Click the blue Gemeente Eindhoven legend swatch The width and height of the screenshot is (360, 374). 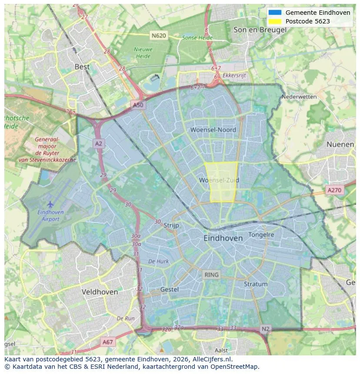coord(275,13)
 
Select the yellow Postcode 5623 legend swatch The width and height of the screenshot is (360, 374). coord(275,21)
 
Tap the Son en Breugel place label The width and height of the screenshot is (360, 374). coord(260,30)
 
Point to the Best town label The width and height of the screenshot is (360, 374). coord(82,67)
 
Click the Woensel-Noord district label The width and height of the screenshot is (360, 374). coord(213,130)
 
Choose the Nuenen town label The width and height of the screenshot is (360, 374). coord(340,144)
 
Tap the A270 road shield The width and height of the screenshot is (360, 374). coord(334,190)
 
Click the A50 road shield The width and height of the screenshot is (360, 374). coord(138,105)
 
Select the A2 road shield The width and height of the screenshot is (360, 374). coord(99,144)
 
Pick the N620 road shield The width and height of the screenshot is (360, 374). coord(159,35)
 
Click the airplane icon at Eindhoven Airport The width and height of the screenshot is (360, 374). coord(50,204)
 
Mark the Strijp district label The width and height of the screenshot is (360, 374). coord(171,225)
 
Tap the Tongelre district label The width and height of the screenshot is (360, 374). coord(261,235)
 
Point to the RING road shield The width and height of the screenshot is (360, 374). coord(212,275)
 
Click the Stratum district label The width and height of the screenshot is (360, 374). coord(256,284)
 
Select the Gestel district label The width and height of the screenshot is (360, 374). coord(169,289)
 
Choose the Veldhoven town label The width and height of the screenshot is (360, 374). coord(100,292)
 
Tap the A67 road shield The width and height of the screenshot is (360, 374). coord(107,342)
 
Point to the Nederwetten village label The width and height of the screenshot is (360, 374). coord(299,97)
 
